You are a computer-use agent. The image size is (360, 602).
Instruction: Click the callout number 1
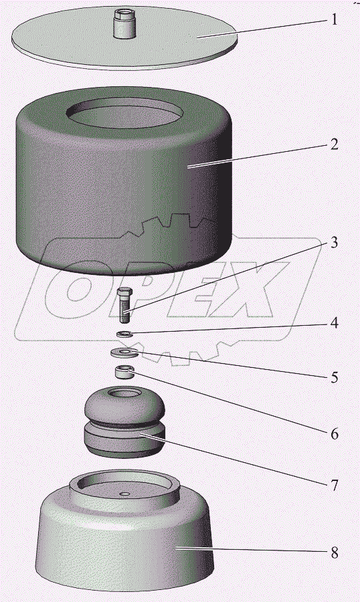point(335,19)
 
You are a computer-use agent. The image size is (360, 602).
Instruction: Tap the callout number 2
point(335,144)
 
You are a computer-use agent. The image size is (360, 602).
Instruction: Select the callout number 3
point(335,242)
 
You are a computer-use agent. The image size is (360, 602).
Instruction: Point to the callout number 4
point(335,323)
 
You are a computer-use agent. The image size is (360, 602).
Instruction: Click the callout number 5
point(335,377)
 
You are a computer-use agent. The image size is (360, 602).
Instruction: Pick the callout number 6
point(335,434)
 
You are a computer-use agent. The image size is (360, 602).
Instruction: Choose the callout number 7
point(335,486)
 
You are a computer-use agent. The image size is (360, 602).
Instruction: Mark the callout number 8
point(335,553)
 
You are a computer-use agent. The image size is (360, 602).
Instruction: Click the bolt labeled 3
point(124,305)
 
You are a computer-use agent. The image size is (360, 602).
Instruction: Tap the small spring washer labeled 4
point(124,334)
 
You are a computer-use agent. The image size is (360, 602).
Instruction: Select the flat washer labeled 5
point(124,352)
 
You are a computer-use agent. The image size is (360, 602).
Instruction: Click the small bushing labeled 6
point(124,372)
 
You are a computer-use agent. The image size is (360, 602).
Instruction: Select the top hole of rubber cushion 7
point(124,393)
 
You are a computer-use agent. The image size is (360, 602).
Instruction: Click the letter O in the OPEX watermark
point(82,289)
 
